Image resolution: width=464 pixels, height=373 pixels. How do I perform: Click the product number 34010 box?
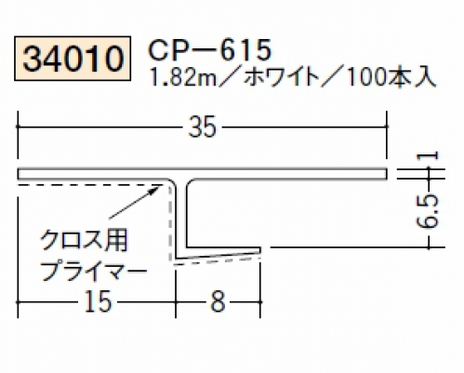pos(73,59)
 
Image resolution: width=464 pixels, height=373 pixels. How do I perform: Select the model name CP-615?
pos(210,50)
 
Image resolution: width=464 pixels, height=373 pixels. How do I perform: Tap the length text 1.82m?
pos(182,77)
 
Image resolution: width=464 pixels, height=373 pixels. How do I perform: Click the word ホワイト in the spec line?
pos(282,77)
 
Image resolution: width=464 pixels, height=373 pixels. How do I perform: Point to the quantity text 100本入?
pos(391,77)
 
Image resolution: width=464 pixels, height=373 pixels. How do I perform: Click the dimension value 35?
pos(202,127)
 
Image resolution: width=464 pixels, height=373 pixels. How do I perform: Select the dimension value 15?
pos(98,302)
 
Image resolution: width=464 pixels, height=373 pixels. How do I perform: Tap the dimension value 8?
pos(218,302)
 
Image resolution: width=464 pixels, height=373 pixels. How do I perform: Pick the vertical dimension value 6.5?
pos(429,211)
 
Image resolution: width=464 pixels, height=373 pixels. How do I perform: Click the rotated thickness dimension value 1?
pos(429,155)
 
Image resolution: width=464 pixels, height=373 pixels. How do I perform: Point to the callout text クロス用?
pos(84,241)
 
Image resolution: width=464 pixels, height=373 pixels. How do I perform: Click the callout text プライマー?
pos(94,272)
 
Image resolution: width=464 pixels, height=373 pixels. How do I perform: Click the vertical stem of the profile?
pos(180,217)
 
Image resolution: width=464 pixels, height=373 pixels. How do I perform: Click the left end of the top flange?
pos(18,174)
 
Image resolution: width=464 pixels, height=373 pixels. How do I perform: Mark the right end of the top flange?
pos(387,174)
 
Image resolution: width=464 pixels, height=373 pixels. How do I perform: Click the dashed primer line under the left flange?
pos(90,185)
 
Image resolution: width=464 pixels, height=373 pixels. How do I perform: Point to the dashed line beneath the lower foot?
pos(216,261)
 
